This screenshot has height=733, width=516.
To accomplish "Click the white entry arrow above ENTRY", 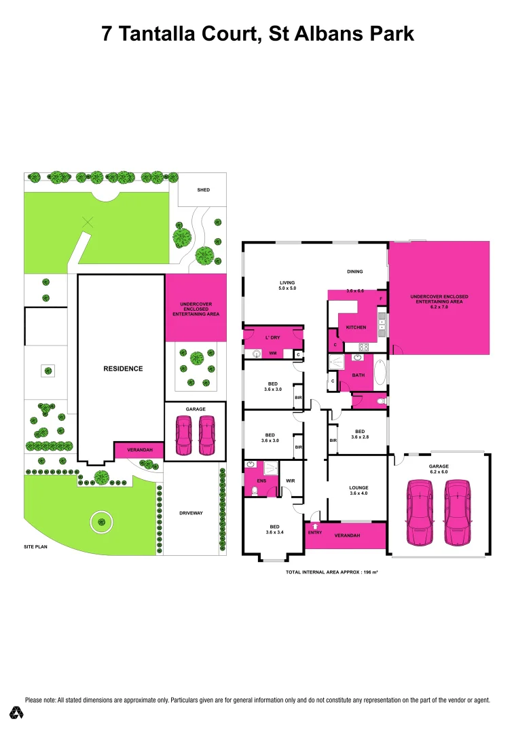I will pyautogui.click(x=314, y=525).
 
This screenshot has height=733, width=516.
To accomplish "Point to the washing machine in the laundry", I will pyautogui.click(x=257, y=354).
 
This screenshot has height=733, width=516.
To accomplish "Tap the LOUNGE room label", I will pyautogui.click(x=358, y=487).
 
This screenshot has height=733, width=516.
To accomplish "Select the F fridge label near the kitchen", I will pyautogui.click(x=381, y=299).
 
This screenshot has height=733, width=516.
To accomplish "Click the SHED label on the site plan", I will pyautogui.click(x=203, y=190).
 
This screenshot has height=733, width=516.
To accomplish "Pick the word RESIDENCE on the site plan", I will pyautogui.click(x=123, y=369).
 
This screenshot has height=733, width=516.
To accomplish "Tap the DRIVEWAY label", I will pyautogui.click(x=191, y=513).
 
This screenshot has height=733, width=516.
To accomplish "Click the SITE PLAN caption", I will pyautogui.click(x=35, y=546).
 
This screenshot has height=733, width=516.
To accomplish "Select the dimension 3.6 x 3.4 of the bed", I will pyautogui.click(x=274, y=533).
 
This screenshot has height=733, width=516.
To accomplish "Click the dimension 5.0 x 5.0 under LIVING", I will pyautogui.click(x=287, y=288).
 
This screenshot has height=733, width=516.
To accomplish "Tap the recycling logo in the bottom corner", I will pyautogui.click(x=17, y=712).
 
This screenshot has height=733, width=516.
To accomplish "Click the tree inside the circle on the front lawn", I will pyautogui.click(x=101, y=521).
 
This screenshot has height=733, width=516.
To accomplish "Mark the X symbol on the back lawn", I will pyautogui.click(x=87, y=221).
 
